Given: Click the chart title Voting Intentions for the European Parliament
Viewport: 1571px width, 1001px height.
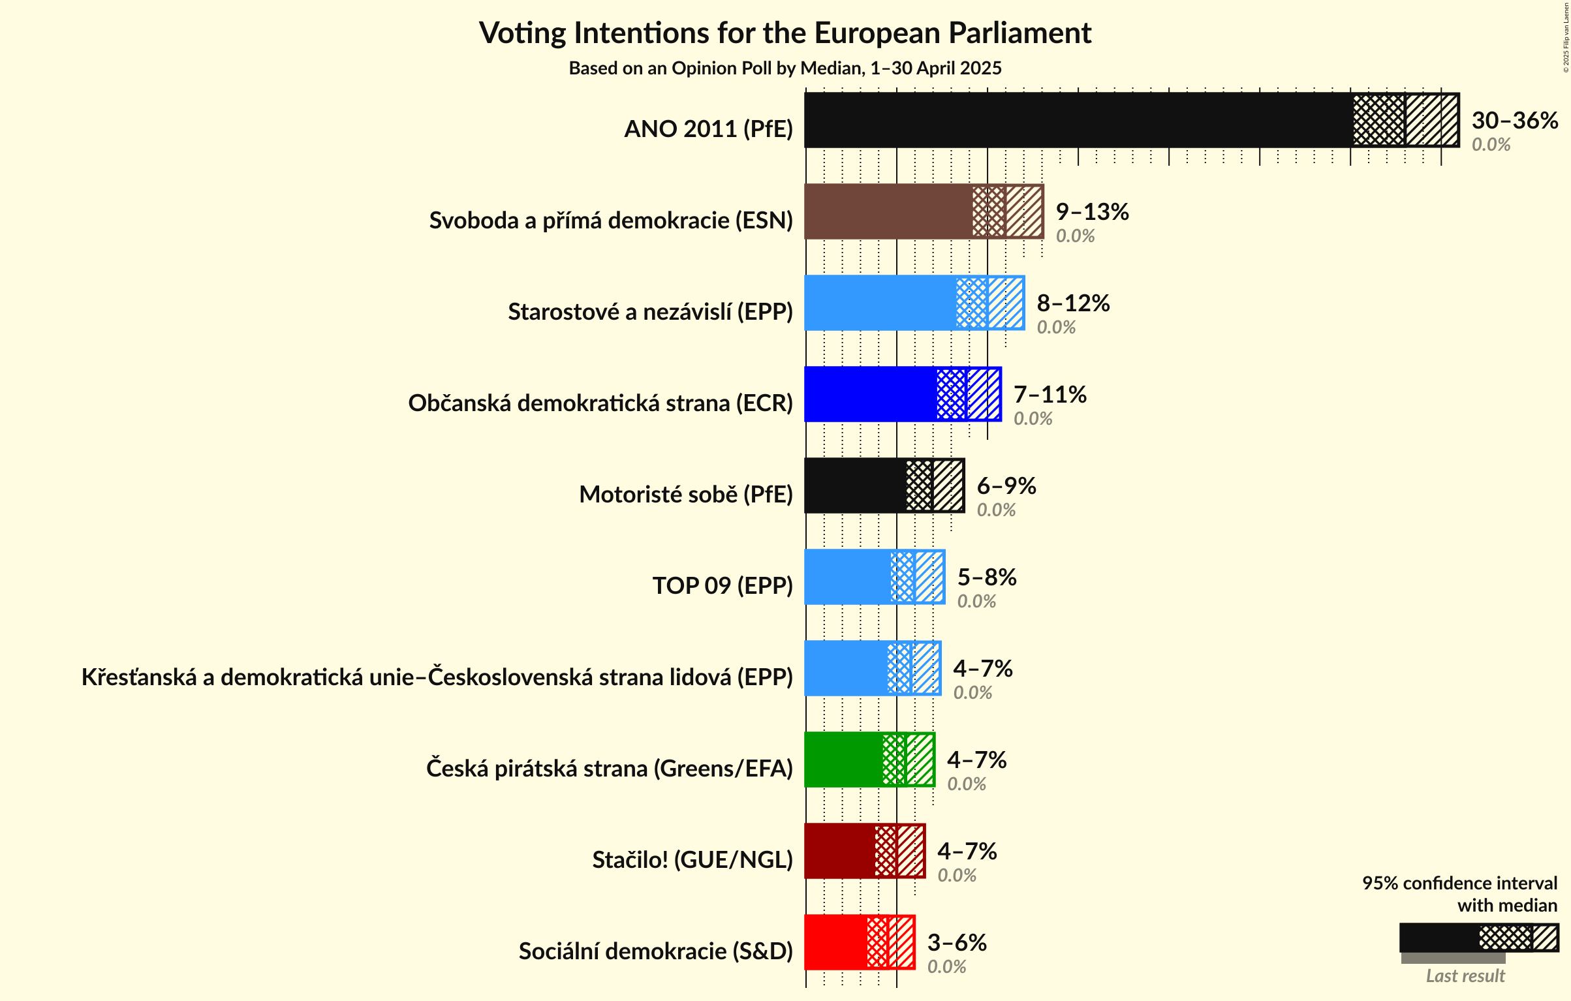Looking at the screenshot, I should tap(785, 33).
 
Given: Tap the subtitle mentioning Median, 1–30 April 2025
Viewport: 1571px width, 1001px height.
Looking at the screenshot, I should tap(785, 69).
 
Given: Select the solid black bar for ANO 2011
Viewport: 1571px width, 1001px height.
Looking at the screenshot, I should tap(1077, 120).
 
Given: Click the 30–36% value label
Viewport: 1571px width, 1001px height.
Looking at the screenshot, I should tap(1514, 121).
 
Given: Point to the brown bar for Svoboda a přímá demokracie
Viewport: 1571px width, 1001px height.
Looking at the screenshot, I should tap(888, 211).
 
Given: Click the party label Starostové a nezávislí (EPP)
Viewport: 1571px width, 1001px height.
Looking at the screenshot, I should tap(650, 312).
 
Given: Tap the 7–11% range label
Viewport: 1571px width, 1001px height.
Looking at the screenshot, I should tap(1050, 395).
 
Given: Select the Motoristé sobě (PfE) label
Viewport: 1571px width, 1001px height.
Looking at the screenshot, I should tap(685, 495).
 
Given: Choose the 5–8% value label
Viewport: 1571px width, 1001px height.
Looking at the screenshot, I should tap(986, 577).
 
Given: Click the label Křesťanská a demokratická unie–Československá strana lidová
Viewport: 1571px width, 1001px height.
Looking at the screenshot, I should tap(437, 677).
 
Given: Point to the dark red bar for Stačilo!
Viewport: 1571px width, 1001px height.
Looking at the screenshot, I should tap(839, 851).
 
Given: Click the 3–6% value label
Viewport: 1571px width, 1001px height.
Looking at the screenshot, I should tap(956, 943).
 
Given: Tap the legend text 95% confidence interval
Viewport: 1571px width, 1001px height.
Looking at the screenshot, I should tap(1459, 884).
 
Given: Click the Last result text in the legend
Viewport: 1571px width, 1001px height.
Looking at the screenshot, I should tap(1465, 976).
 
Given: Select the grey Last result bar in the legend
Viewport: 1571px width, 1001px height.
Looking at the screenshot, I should tap(1452, 958).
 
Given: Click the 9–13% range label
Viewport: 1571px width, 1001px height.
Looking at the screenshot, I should tap(1092, 212).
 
